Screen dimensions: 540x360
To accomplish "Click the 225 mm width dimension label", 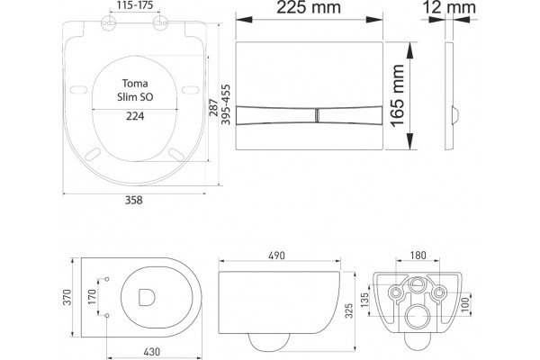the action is pos(309,7).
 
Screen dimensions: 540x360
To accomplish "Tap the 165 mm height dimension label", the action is pos(398,95).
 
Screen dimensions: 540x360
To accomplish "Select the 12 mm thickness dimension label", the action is pos(449,7).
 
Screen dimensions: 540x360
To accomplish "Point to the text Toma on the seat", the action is pos(135,84).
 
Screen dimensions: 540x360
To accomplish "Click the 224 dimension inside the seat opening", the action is pos(135,116).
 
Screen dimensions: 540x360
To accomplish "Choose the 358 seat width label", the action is pos(133,200).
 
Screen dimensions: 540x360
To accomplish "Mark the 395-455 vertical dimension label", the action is pos(226,104).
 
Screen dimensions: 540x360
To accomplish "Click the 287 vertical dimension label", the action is pos(214,107).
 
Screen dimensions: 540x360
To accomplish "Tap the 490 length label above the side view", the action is pos(277,256).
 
